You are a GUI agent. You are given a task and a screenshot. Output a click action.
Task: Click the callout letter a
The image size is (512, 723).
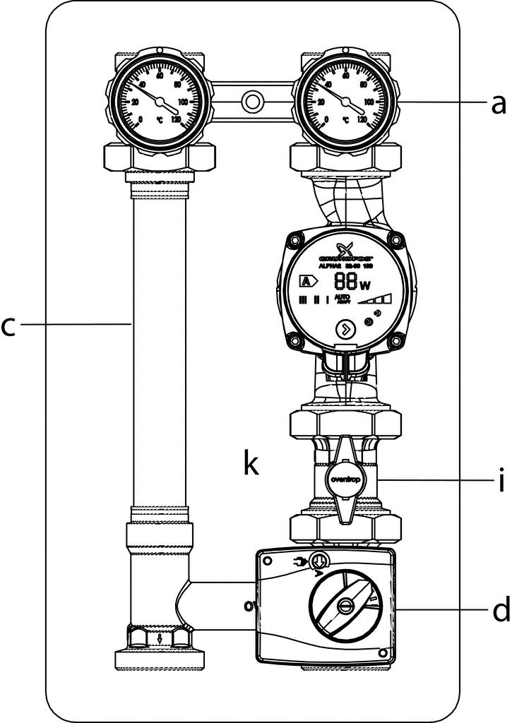499,104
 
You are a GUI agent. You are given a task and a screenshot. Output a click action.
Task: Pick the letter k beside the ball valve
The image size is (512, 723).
251,465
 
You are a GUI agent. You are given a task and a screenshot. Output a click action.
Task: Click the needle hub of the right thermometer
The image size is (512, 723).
345,103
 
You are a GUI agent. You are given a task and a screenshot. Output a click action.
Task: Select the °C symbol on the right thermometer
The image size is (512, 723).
346,121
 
